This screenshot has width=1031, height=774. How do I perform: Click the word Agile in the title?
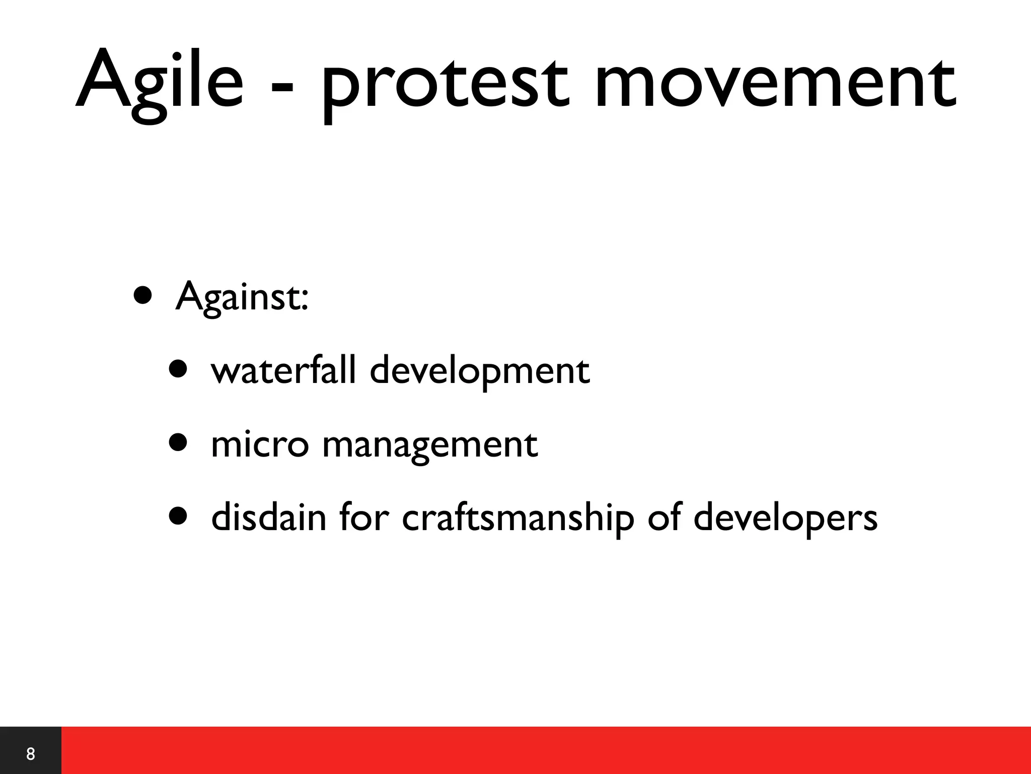click(159, 81)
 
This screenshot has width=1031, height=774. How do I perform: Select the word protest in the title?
click(446, 83)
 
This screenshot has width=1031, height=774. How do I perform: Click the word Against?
click(242, 297)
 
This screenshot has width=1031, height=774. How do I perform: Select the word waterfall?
click(284, 370)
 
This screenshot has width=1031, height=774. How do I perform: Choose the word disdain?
click(269, 518)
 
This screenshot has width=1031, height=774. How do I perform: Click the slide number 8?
click(31, 754)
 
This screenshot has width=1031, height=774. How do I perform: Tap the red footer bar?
click(544, 751)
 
